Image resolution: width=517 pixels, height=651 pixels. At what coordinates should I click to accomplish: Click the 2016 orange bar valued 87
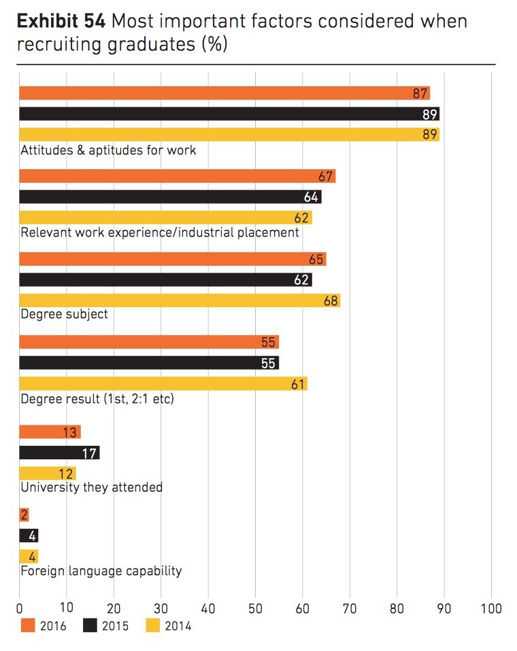click(224, 93)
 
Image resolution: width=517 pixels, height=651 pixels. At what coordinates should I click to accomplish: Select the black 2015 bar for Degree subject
click(165, 279)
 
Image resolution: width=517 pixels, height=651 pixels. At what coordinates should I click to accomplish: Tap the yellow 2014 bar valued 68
click(180, 300)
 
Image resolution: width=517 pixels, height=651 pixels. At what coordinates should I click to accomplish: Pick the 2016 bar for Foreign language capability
click(24, 515)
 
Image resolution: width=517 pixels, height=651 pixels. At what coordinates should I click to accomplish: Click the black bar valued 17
click(59, 453)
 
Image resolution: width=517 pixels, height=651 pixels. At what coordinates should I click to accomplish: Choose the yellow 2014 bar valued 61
click(163, 383)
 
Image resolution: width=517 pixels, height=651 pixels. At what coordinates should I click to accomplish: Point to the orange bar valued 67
click(177, 176)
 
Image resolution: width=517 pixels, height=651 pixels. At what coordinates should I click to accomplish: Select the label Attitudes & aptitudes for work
click(109, 149)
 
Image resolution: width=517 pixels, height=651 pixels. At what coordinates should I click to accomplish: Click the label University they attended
click(92, 487)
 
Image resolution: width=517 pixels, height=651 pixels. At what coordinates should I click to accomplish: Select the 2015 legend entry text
click(115, 626)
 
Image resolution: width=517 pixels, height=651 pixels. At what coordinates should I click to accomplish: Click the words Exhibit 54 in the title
click(61, 22)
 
